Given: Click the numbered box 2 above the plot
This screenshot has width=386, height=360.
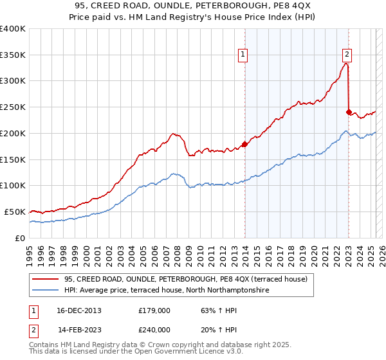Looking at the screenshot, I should [347, 55].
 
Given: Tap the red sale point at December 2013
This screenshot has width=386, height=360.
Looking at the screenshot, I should [244, 144].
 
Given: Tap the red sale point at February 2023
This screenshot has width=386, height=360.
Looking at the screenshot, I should [349, 112].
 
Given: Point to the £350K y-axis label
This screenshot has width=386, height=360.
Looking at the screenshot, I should [13, 55].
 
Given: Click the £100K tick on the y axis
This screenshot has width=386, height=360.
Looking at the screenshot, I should [13, 186].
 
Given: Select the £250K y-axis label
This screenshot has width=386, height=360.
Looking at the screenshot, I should [13, 107].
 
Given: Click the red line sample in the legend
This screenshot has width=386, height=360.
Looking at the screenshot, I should [45, 279].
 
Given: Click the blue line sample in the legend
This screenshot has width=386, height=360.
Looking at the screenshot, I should [45, 291].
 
